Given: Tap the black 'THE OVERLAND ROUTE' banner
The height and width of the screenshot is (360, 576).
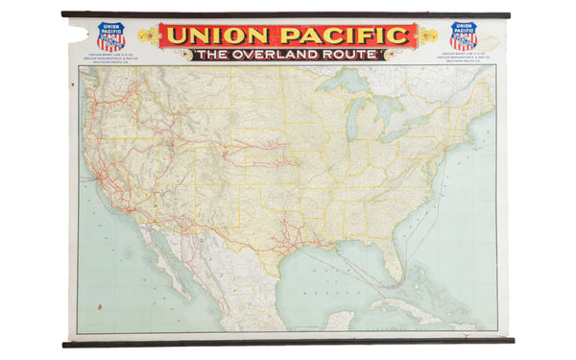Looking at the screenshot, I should point(287,56).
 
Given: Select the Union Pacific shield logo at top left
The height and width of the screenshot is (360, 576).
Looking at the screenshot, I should point(110,36).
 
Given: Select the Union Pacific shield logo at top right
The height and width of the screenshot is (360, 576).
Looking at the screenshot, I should point(464,36).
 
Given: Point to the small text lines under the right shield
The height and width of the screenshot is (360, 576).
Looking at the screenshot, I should point(464,57).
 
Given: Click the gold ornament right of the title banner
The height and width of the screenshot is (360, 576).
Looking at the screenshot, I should point(427,37).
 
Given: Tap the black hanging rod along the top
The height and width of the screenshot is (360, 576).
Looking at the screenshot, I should point(288,14).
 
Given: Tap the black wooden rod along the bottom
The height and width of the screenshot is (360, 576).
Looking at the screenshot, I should point(288,341).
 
